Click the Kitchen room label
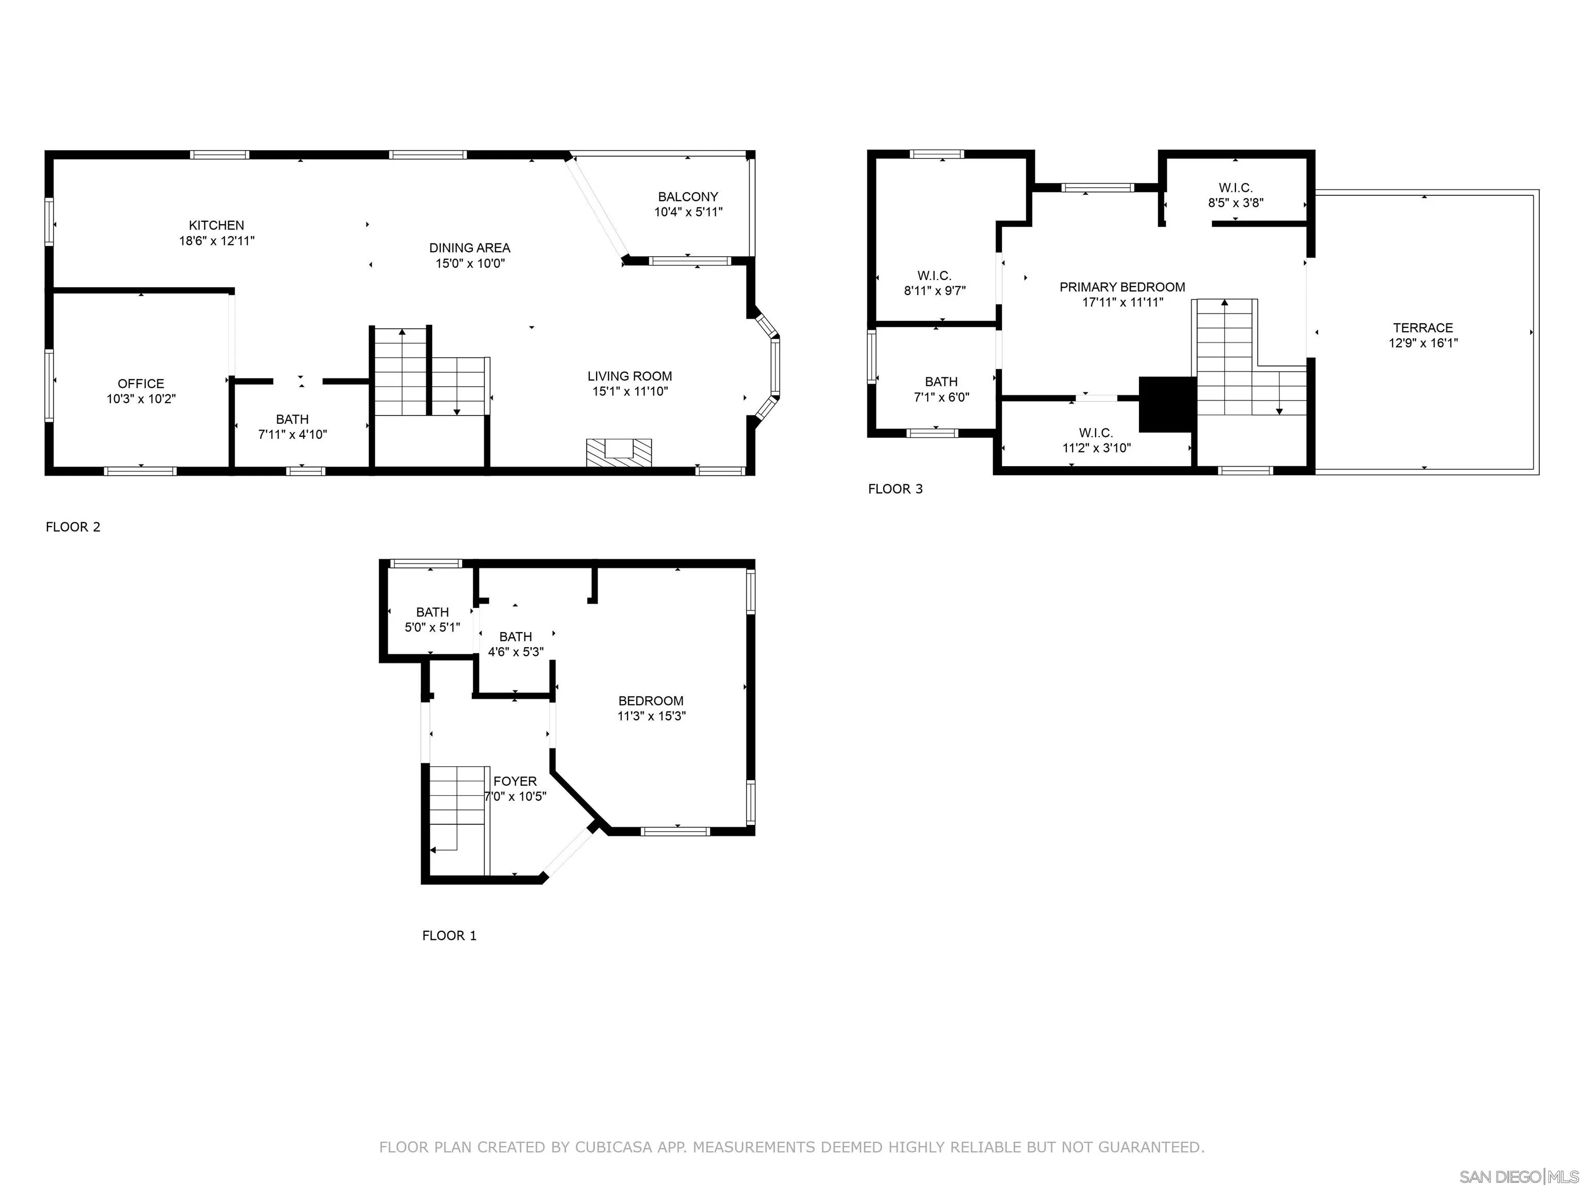[x=216, y=225]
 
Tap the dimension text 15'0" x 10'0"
[x=470, y=263]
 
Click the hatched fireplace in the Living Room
[x=619, y=453]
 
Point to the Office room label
[x=141, y=383]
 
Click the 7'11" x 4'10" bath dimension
[x=292, y=434]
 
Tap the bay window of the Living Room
[x=773, y=367]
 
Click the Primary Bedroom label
[x=1122, y=287]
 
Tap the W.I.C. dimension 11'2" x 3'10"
[x=1096, y=448]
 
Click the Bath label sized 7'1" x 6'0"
[x=941, y=382]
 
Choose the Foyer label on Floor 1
[x=515, y=781]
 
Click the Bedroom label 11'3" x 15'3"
[x=651, y=700]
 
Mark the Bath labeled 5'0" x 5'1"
[x=433, y=612]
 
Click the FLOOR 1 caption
[x=449, y=935]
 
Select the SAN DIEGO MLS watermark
[x=1518, y=1177]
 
